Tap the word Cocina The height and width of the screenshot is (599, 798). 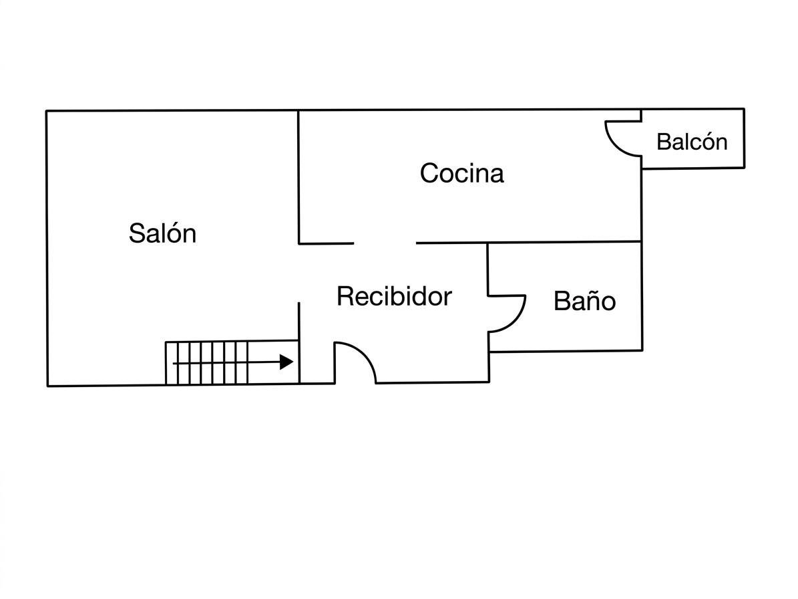tap(462, 173)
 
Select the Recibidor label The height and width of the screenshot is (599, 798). tap(395, 296)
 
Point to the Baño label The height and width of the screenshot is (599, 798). tap(585, 300)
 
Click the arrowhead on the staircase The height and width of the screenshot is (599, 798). tap(286, 362)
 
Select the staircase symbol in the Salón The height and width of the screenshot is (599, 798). tap(232, 362)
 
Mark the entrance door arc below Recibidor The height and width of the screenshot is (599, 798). tap(365, 354)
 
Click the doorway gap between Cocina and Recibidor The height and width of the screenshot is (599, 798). tap(385, 243)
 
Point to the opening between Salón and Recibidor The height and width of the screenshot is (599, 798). tap(298, 273)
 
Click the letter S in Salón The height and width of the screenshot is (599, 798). tap(136, 233)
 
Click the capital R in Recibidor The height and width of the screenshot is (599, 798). tap(345, 296)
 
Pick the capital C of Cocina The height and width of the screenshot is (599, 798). tap(429, 173)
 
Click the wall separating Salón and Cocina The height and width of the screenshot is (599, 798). tap(298, 177)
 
